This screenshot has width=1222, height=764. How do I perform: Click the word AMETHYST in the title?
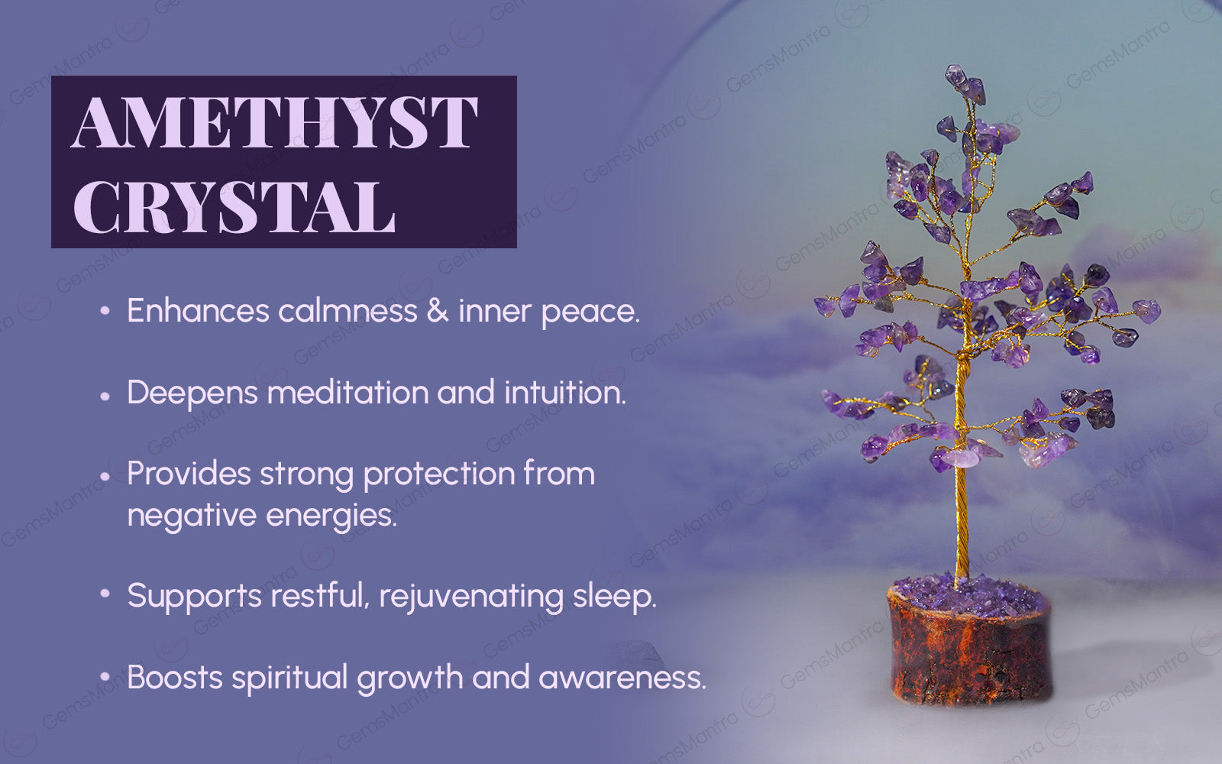275,122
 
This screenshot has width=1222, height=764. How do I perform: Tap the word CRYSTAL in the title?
234,207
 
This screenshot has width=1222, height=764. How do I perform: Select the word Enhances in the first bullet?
199,310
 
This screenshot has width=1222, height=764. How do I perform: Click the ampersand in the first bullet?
438,310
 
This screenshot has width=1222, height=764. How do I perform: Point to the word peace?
591,313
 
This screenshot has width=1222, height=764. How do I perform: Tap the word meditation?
348,393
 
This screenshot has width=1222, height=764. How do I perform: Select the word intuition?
565,393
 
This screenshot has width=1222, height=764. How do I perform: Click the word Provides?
189,473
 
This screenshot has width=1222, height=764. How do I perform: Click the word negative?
192,516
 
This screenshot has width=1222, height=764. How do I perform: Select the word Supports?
194,597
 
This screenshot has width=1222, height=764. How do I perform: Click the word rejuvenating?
471,597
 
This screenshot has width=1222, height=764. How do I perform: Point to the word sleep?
614,597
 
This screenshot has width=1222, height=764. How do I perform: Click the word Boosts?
175,677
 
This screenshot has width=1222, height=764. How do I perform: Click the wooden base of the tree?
969,649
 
